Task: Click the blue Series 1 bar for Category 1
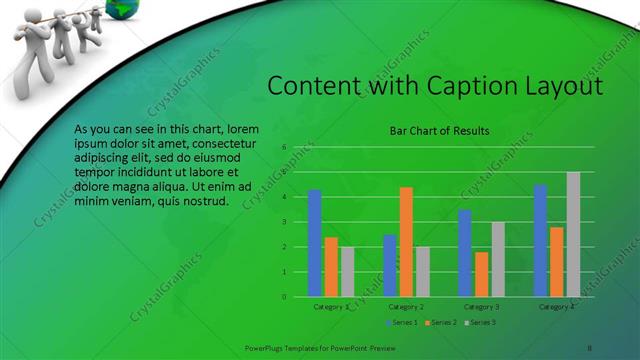[314, 243]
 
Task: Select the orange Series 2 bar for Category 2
[406, 241]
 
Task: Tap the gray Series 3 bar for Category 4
[573, 234]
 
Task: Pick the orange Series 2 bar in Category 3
[482, 274]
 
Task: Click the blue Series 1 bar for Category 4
[540, 240]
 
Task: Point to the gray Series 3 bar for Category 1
[347, 271]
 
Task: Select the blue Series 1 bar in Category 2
[389, 265]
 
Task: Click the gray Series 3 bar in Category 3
[498, 259]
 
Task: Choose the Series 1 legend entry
[403, 322]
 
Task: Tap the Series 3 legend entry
[480, 322]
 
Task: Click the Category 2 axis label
[406, 306]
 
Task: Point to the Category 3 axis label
[482, 306]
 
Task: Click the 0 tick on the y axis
[284, 297]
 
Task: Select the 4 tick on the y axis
[284, 197]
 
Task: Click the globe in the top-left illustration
[130, 8]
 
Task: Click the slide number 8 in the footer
[589, 346]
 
